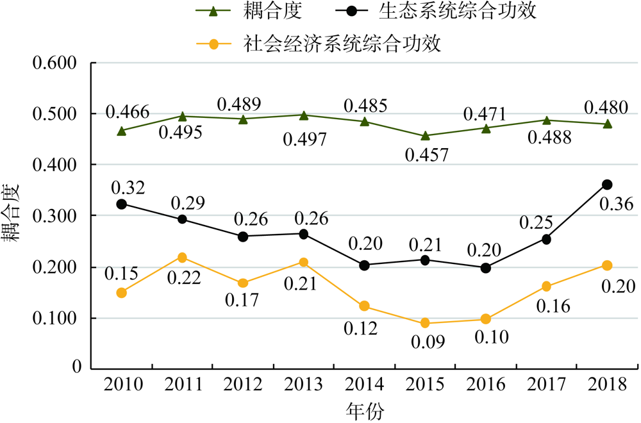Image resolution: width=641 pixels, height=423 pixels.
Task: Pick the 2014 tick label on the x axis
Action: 364,384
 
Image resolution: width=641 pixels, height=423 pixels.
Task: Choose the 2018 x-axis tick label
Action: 607,384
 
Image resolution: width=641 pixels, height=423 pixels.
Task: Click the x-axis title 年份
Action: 365,410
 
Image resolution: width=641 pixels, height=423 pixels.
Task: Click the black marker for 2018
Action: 607,185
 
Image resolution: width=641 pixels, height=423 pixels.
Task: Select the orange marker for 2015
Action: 425,323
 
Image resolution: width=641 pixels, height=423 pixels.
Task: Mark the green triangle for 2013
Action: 304,115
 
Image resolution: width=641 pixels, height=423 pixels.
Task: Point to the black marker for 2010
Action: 121,204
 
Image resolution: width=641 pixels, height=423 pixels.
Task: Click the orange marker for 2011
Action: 182,258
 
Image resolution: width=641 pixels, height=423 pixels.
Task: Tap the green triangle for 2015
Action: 425,136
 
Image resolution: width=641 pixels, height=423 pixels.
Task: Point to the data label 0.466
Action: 128,112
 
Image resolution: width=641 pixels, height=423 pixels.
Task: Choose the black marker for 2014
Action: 364,265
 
